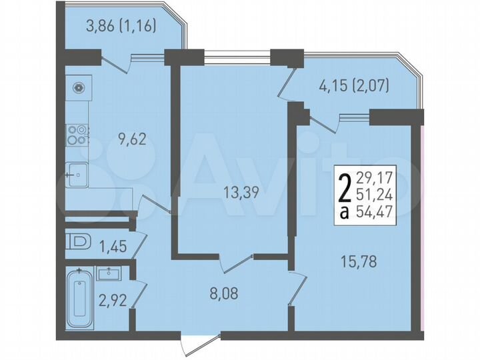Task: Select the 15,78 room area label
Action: point(358,261)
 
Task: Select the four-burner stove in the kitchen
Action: point(78,135)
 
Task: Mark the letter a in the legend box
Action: point(344,213)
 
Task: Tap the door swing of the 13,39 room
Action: point(237,262)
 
